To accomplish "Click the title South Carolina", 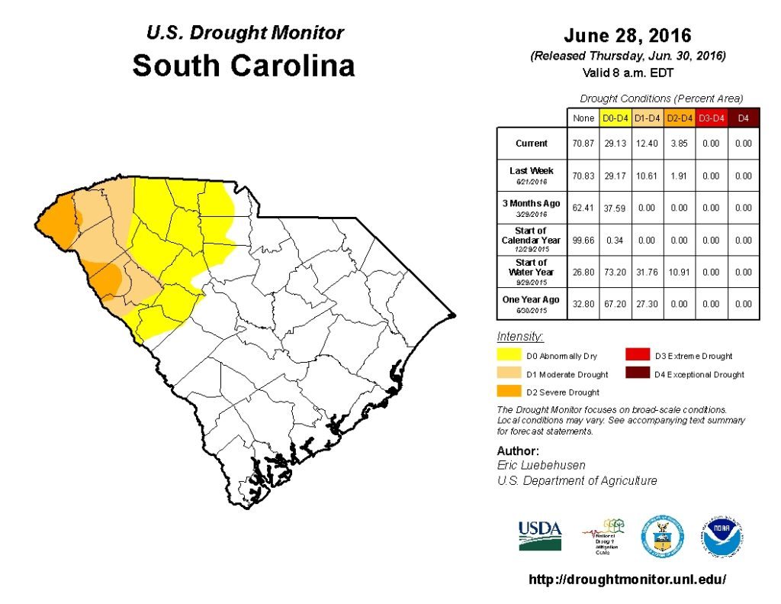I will [x=243, y=66].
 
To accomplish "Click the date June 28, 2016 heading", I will [x=628, y=36].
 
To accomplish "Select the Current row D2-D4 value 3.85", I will [x=678, y=144].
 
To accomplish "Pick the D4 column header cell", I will [x=744, y=118].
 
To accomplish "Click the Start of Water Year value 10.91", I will [x=678, y=272].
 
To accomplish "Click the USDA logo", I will [x=540, y=535].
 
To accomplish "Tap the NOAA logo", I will [x=723, y=537].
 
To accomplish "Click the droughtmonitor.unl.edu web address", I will [x=628, y=580].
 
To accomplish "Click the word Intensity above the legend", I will [x=520, y=337].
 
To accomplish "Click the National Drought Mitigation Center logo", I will [x=603, y=537].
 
